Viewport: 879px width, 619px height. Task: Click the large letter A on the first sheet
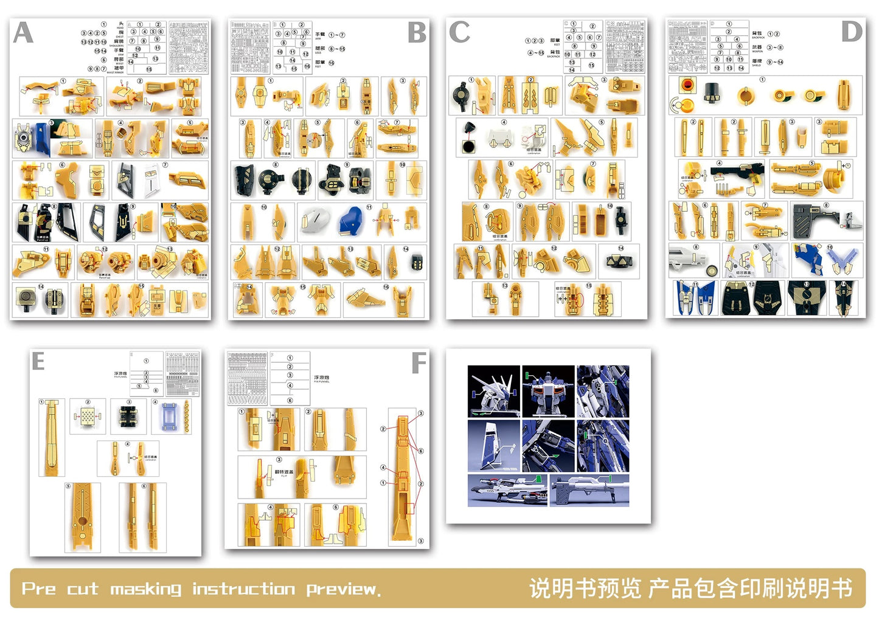click(23, 32)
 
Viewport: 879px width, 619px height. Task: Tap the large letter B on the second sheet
click(417, 33)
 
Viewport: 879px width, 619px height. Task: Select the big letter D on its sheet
click(852, 32)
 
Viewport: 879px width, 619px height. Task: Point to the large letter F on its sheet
click(419, 364)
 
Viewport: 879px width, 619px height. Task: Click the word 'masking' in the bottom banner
click(145, 589)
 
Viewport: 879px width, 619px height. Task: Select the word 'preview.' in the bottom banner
click(343, 589)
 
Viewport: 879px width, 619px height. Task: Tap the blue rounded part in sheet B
click(350, 222)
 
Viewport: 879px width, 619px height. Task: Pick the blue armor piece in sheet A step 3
click(41, 138)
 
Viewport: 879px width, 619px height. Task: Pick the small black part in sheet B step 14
click(417, 262)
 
